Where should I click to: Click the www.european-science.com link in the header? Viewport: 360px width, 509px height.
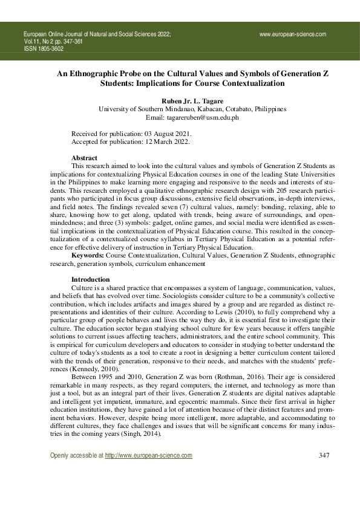pyautogui.click(x=292, y=34)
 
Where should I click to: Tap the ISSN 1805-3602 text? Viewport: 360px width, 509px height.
pyautogui.click(x=43, y=49)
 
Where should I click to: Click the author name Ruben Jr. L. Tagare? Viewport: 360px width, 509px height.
pyautogui.click(x=184, y=100)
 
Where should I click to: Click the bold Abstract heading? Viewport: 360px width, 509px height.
pyautogui.click(x=84, y=157)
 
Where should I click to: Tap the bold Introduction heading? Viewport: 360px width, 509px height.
pyautogui.click(x=90, y=279)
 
